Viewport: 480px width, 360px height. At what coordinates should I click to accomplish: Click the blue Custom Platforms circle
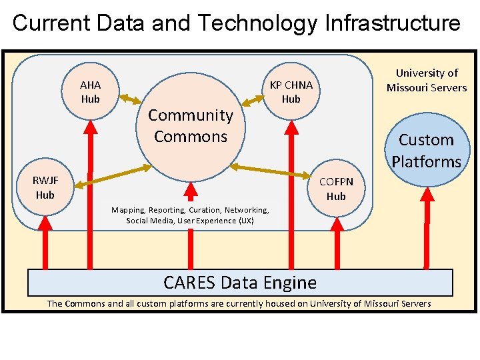(427, 150)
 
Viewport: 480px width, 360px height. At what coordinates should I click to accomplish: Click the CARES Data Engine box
(240, 283)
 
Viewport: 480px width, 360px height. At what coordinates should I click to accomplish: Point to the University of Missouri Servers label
(427, 80)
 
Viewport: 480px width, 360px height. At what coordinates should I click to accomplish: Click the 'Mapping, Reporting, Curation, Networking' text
(190, 209)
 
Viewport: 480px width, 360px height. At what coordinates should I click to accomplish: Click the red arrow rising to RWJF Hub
(45, 240)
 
